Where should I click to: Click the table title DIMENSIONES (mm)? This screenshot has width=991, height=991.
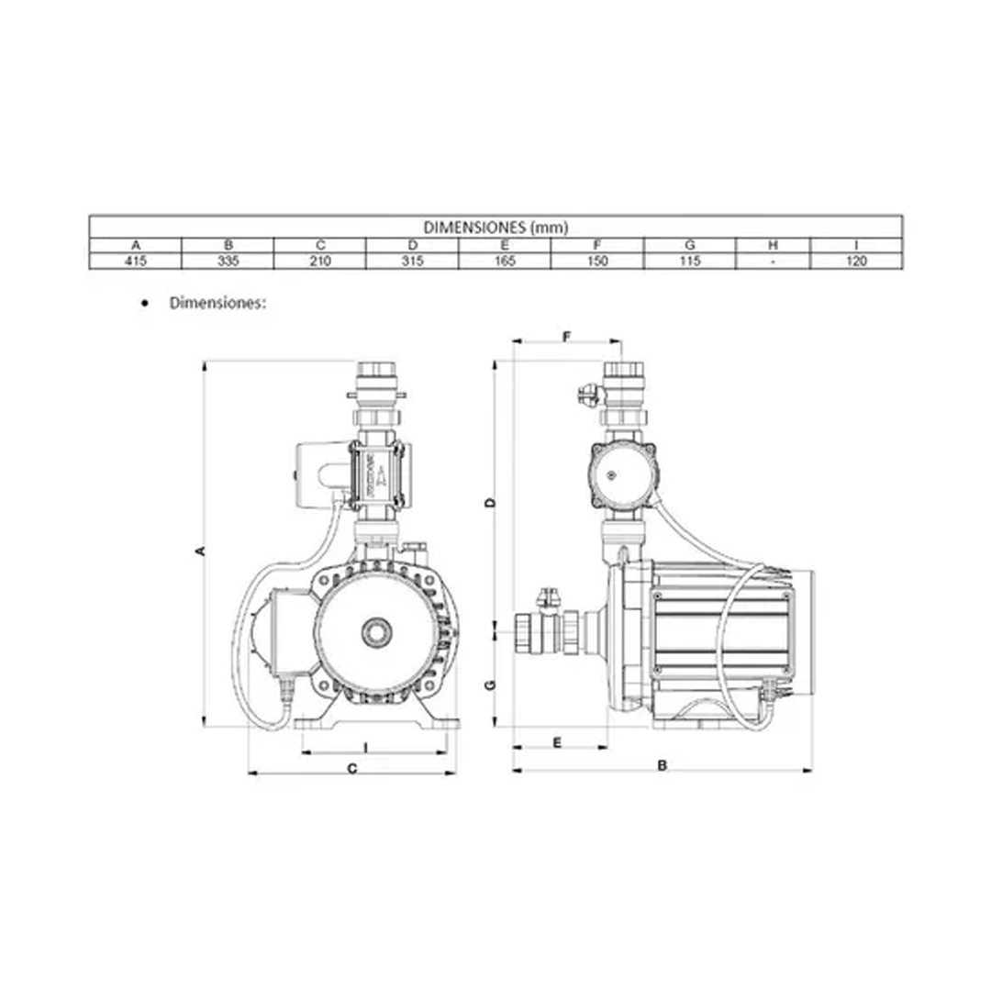(495, 228)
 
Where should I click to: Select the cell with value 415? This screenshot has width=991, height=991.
(135, 261)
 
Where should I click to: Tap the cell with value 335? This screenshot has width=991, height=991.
(228, 261)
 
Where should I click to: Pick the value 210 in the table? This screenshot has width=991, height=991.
(320, 261)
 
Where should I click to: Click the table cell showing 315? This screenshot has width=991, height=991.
(413, 261)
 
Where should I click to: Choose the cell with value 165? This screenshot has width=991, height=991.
(505, 261)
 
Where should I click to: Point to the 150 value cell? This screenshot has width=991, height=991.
(597, 261)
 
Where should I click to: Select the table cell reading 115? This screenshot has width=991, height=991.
(690, 261)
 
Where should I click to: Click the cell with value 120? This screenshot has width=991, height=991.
(856, 261)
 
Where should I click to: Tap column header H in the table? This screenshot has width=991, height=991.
(773, 245)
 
